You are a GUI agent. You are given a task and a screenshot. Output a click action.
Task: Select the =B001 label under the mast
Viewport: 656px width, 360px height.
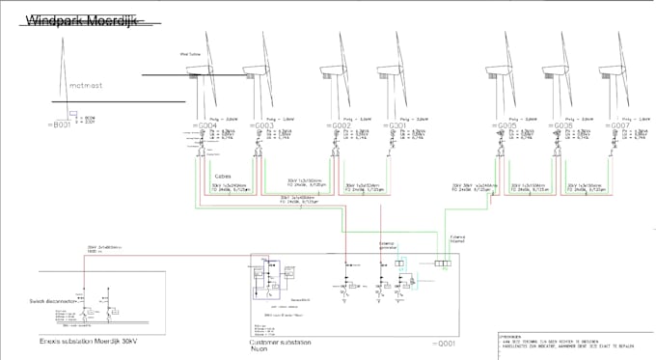(x=59, y=125)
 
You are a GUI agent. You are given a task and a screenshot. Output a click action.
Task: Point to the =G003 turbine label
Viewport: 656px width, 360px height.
(x=262, y=125)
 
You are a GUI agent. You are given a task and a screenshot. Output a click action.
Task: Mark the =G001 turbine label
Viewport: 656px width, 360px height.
(x=396, y=125)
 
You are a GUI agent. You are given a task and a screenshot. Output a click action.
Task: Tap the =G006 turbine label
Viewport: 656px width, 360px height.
(x=561, y=125)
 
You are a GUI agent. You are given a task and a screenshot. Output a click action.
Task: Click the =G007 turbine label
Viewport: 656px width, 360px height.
(x=616, y=125)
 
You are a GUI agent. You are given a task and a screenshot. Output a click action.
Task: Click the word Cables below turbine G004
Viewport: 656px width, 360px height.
(x=222, y=176)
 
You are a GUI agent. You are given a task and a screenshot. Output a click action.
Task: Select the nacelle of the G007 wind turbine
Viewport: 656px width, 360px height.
(x=609, y=69)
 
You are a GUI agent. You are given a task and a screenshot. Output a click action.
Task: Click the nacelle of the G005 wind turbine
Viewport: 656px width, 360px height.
(x=498, y=69)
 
